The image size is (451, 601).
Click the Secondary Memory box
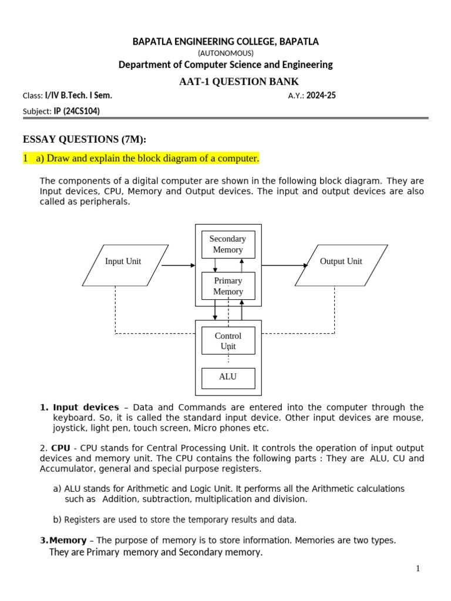[x=228, y=244]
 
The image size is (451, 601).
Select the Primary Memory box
[x=228, y=286]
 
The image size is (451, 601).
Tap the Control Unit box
[x=228, y=340]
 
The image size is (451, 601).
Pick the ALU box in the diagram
[x=228, y=377]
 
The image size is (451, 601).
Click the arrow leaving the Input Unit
[x=178, y=265]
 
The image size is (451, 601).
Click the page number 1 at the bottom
[x=418, y=568]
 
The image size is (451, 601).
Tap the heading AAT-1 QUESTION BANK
[x=239, y=82]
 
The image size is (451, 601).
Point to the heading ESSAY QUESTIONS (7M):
[x=84, y=139]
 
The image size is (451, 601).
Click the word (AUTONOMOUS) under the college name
[x=225, y=53]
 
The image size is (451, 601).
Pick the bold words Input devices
[x=86, y=407]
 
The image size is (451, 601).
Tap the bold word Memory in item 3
[x=70, y=540]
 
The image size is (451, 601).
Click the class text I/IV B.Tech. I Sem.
[x=78, y=96]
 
